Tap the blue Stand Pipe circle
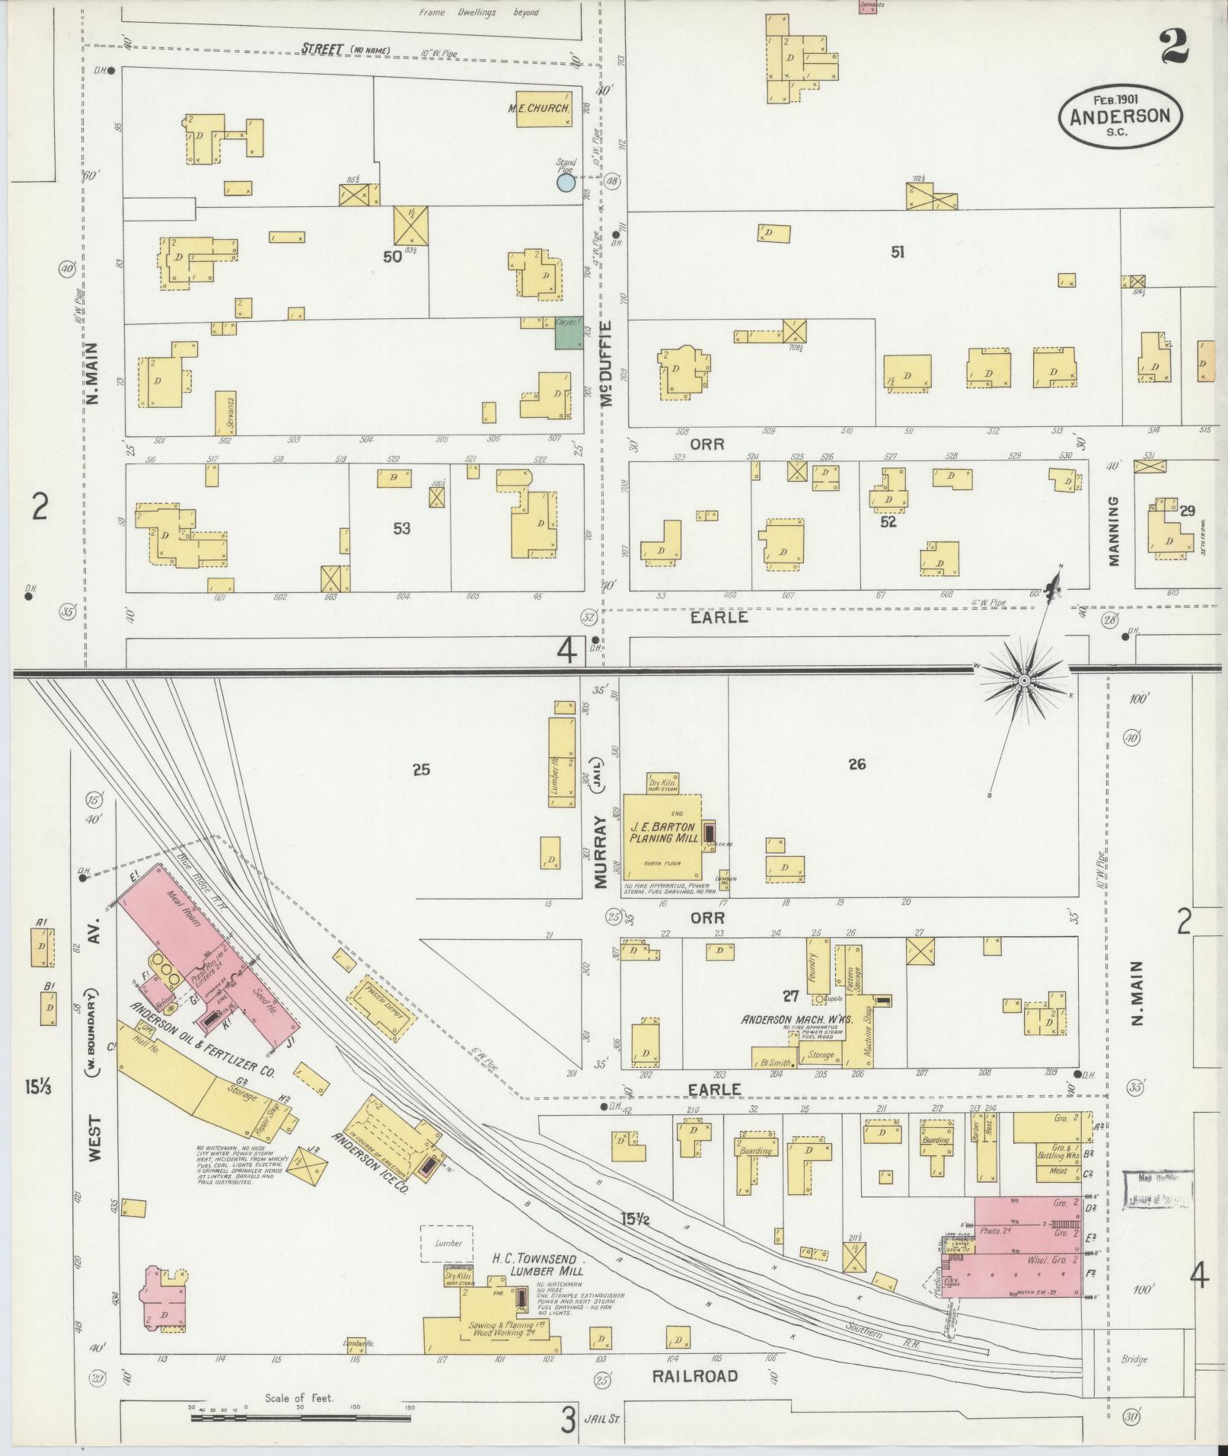[x=565, y=183]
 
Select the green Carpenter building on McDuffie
[x=569, y=333]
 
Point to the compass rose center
[x=1025, y=680]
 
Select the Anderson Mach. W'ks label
[x=795, y=1018]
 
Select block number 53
[x=401, y=528]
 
